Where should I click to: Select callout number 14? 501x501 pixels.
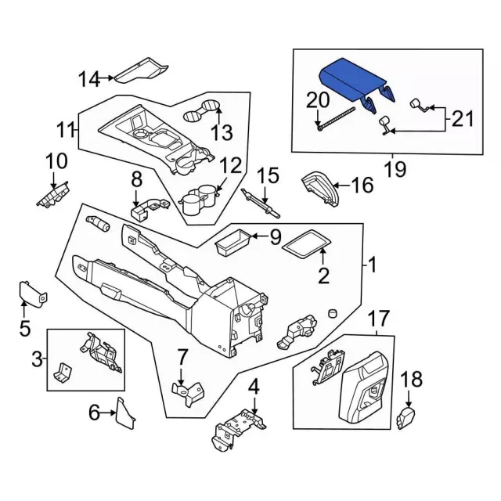point(90,78)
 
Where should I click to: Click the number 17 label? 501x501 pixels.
point(378,319)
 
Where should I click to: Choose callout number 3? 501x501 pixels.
point(37,360)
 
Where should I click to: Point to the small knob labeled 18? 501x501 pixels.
point(408,418)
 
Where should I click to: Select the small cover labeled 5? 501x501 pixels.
point(31,293)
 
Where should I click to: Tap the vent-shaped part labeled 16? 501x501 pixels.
point(322,187)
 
